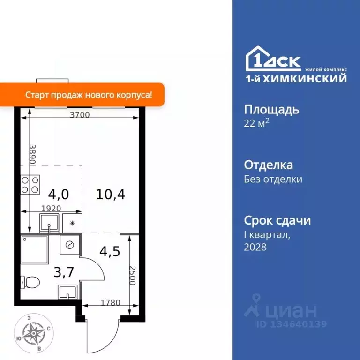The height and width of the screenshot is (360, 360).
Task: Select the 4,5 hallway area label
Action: coord(110,251)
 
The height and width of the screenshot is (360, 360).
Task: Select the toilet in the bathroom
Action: coord(31,282)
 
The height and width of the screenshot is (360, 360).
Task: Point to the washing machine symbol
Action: coord(70,245)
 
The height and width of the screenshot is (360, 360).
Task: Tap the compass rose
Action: coord(33,333)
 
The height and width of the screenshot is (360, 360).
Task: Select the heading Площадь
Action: coord(271,110)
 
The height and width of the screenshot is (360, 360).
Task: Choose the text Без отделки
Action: coord(273,179)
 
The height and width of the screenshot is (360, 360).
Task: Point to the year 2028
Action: coord(255,247)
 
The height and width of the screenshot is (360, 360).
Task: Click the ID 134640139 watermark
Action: coord(292,324)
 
